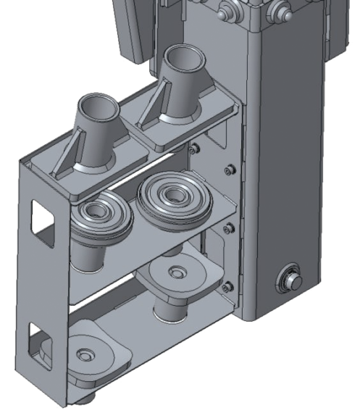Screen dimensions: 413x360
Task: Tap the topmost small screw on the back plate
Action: point(194,149)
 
